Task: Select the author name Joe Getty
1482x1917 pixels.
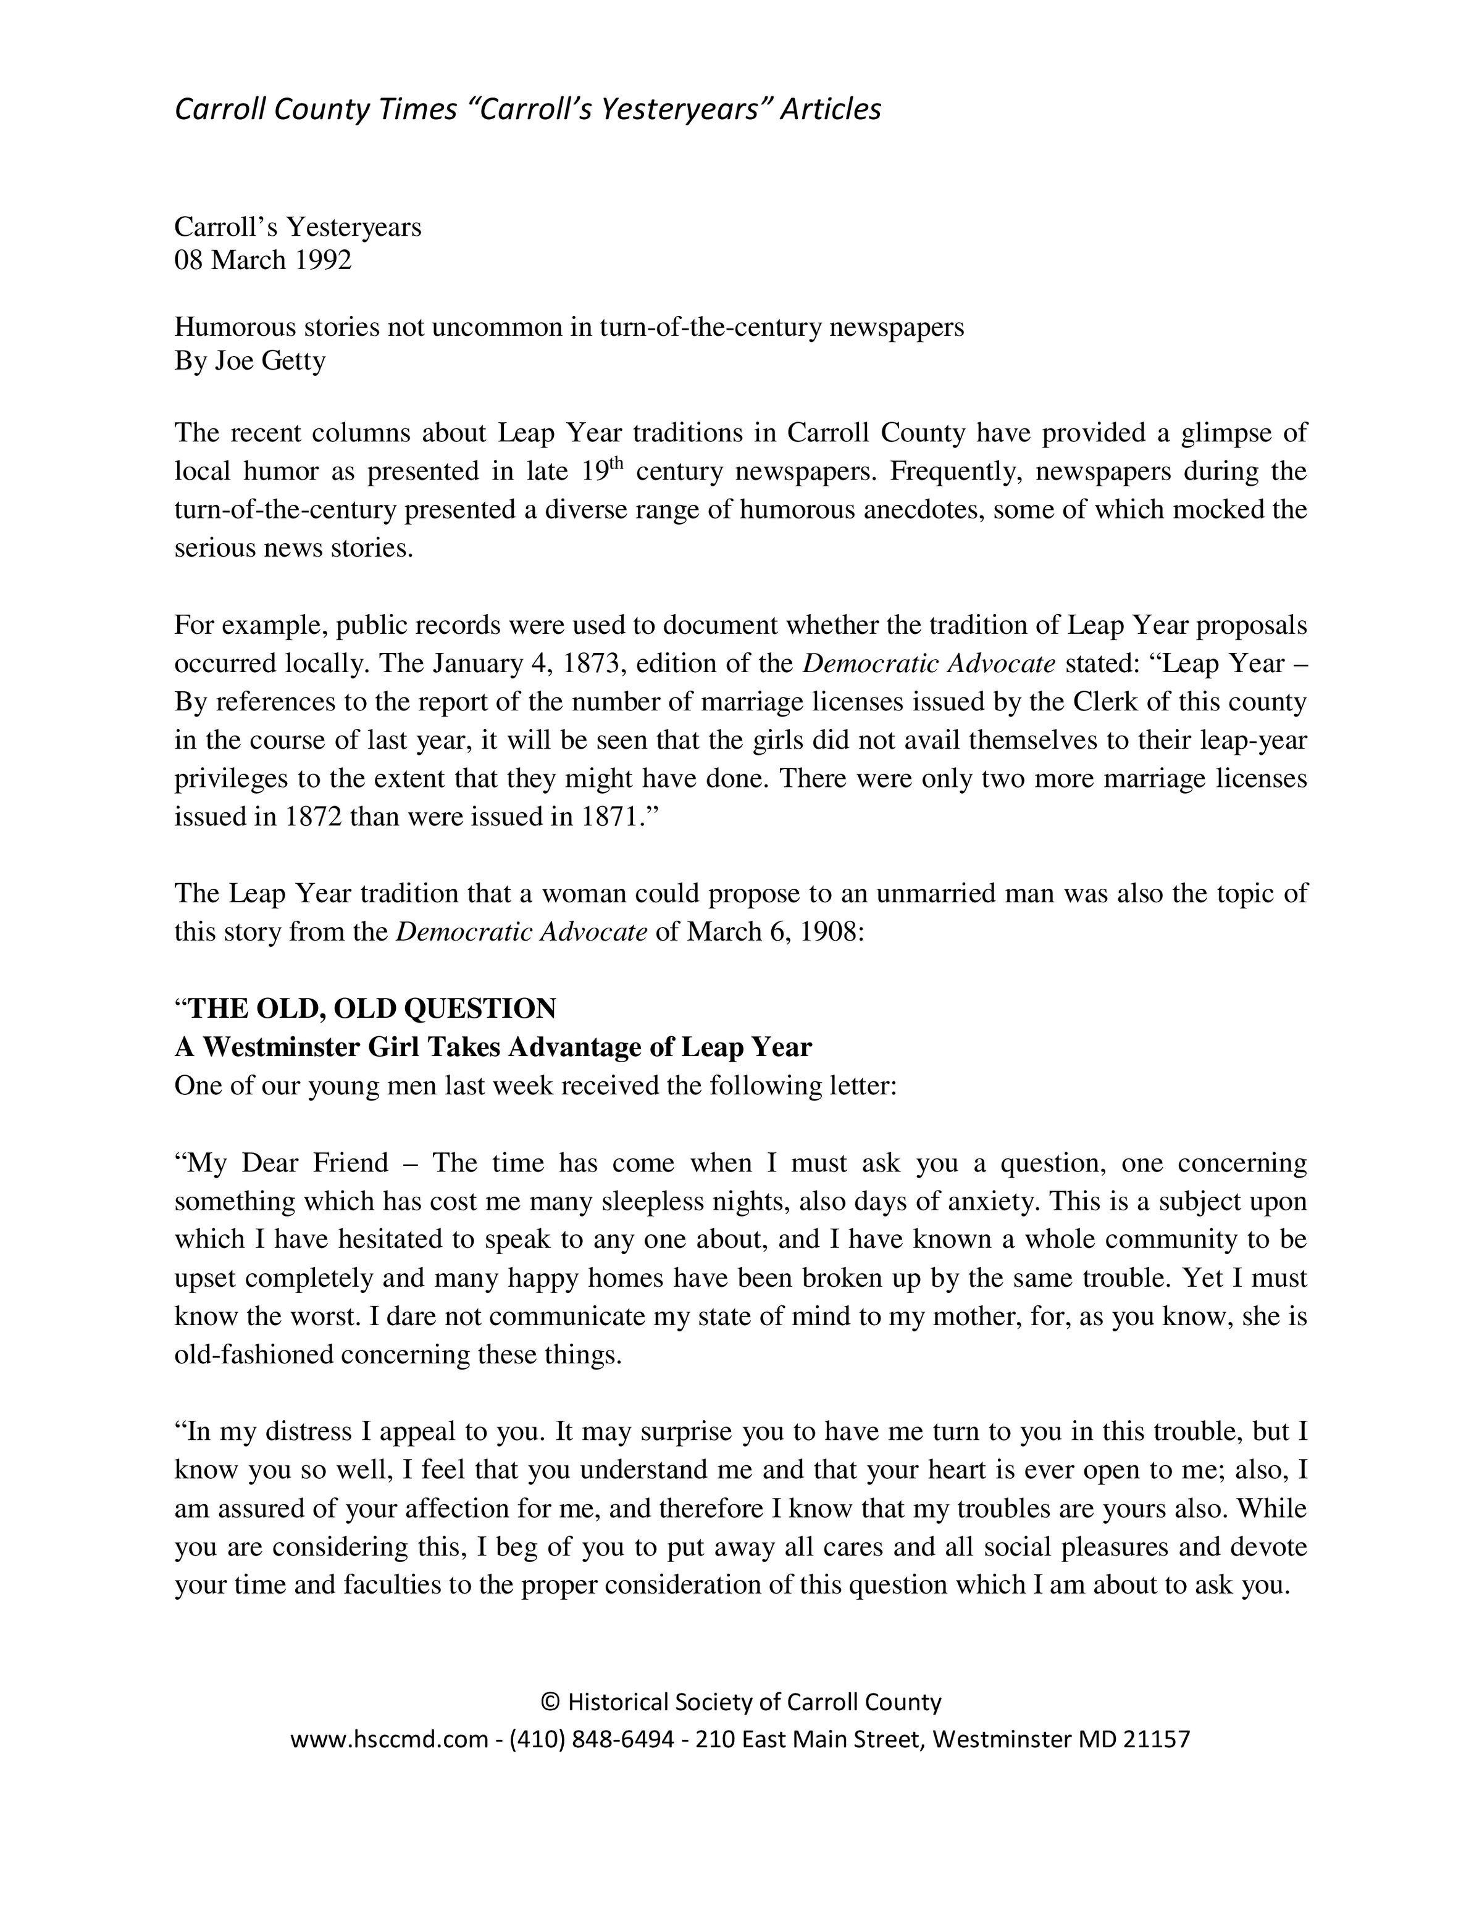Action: [270, 361]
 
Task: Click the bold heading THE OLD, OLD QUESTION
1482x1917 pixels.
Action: [373, 1008]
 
